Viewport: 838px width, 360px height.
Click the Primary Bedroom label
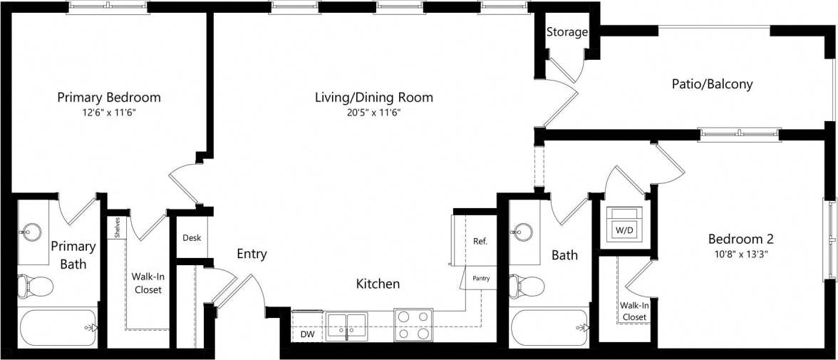coord(109,97)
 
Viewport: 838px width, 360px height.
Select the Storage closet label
coord(567,32)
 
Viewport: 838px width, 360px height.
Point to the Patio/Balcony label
coord(712,84)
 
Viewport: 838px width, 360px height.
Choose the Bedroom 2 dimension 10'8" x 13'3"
coord(740,254)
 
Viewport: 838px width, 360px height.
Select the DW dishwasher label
coord(307,334)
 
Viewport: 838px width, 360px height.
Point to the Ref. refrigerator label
coord(480,241)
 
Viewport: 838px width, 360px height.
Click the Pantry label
coord(481,278)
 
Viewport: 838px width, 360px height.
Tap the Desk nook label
coord(191,238)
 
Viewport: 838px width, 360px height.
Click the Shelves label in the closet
coord(116,227)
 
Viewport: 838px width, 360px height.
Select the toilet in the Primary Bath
coord(36,285)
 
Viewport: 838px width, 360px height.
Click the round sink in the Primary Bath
coord(31,230)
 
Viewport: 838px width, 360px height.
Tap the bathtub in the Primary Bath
coord(57,327)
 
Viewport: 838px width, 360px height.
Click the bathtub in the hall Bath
coord(549,327)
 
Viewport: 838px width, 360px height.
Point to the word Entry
coord(252,254)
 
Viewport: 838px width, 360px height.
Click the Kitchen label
coord(378,284)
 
